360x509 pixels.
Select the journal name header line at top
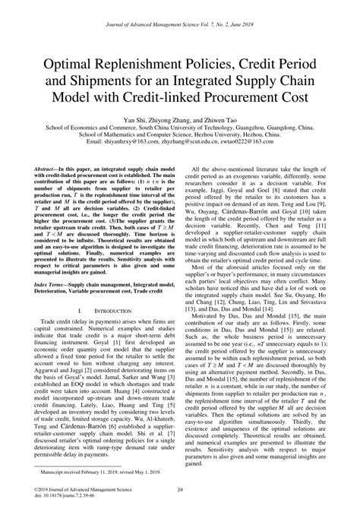(180, 15)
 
